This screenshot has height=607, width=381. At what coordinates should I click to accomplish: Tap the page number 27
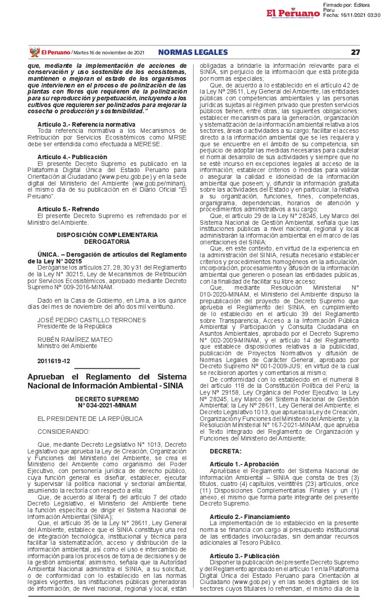pyautogui.click(x=355, y=52)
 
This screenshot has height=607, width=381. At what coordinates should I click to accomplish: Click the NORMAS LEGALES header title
pyautogui.click(x=193, y=52)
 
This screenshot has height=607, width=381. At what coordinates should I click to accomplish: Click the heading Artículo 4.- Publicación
pyautogui.click(x=72, y=156)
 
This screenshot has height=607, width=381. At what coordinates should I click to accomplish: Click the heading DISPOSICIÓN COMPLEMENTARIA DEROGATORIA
pyautogui.click(x=107, y=238)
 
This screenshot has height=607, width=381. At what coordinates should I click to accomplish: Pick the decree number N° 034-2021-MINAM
pyautogui.click(x=107, y=405)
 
